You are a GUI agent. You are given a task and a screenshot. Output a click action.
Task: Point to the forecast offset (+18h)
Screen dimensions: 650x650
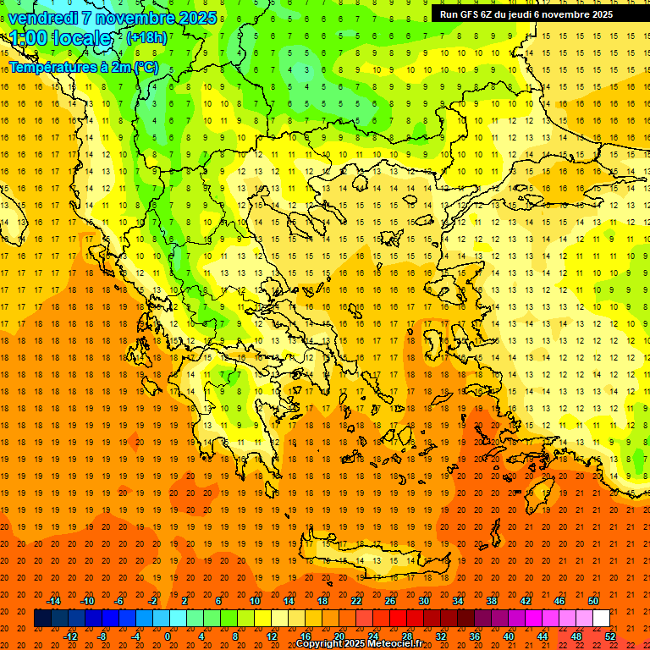(146, 37)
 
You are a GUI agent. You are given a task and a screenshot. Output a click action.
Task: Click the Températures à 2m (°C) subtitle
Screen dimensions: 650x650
(83, 67)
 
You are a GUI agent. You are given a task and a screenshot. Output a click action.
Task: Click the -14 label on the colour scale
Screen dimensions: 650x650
(54, 601)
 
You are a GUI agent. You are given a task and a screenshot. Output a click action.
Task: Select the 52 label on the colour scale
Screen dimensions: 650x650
(611, 636)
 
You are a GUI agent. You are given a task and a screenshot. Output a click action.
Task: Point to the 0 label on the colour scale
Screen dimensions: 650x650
(167, 636)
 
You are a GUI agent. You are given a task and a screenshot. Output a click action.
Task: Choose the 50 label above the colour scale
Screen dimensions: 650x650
(593, 601)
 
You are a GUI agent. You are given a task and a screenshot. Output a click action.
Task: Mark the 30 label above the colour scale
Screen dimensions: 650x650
(423, 601)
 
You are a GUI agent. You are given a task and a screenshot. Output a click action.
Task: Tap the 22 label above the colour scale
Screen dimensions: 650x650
(355, 601)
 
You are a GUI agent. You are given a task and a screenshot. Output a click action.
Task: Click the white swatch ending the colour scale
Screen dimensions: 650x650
(602, 619)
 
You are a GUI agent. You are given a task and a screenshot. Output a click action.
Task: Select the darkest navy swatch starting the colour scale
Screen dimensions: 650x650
(42, 619)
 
